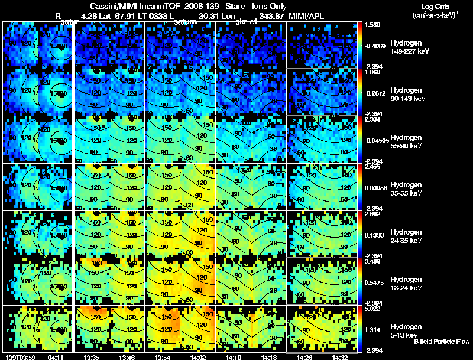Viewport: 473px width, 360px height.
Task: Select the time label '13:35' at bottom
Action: [x=91, y=357]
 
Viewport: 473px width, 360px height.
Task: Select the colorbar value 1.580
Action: [x=372, y=25]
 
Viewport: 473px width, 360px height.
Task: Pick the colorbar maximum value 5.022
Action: [x=372, y=308]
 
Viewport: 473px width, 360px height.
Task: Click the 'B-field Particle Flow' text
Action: [x=441, y=342]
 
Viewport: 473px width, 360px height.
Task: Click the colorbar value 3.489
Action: [x=372, y=261]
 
